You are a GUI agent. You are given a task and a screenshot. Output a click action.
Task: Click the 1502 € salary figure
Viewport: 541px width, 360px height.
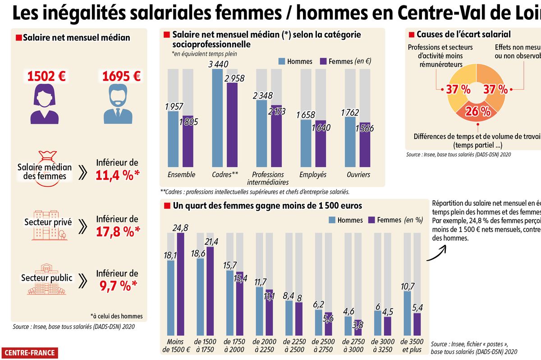(46, 76)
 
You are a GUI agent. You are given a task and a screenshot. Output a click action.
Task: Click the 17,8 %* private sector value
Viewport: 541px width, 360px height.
(117, 230)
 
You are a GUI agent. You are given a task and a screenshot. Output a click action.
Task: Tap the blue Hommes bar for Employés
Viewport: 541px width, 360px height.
(306, 143)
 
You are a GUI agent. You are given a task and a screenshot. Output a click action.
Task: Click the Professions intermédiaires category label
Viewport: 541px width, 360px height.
(268, 178)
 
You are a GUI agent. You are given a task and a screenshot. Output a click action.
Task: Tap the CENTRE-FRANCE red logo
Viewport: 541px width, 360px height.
(30, 353)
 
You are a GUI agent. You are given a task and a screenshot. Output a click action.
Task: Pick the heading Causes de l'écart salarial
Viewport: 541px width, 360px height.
(463, 35)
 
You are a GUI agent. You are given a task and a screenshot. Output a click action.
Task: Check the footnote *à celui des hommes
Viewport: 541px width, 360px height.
(116, 316)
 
